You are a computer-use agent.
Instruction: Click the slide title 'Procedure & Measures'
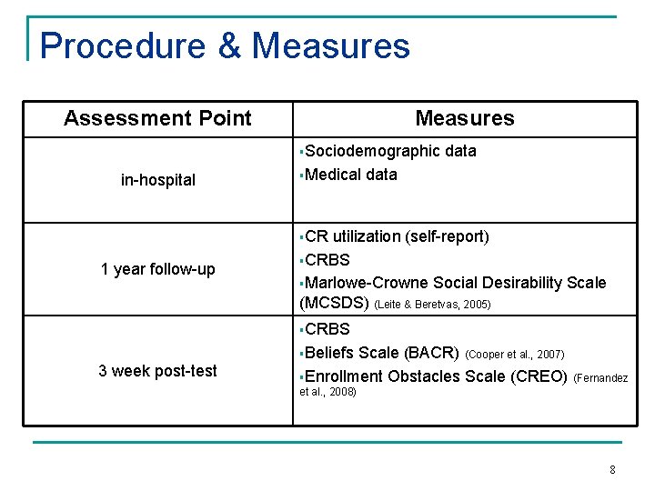click(x=225, y=45)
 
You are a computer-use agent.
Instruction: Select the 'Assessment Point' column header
click(x=157, y=118)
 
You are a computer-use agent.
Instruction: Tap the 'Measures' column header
click(x=464, y=118)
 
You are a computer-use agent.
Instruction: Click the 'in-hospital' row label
click(x=157, y=180)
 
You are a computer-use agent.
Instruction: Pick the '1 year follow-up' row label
click(x=157, y=269)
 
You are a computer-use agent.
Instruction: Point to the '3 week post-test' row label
click(x=157, y=370)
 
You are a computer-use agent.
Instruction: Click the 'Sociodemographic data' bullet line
click(x=390, y=151)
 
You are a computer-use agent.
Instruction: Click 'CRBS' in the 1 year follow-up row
click(x=327, y=260)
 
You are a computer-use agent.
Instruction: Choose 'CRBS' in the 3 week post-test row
click(x=327, y=329)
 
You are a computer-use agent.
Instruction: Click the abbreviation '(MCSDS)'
click(x=334, y=304)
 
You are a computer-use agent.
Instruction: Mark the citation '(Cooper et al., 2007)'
click(x=515, y=354)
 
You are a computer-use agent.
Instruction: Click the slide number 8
click(x=612, y=470)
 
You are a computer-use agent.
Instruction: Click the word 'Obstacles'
click(x=425, y=376)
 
